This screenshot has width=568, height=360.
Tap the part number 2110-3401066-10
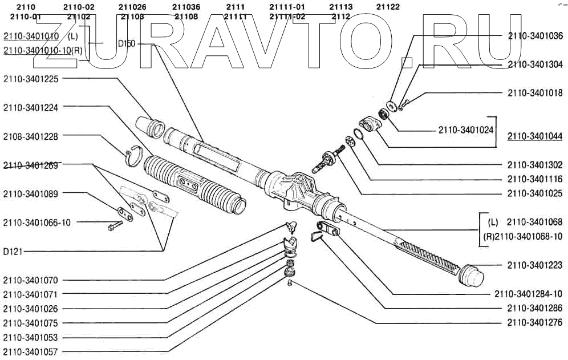click(36, 223)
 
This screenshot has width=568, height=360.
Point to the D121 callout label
click(13, 252)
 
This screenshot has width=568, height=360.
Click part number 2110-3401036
click(534, 36)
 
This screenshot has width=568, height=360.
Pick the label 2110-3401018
click(534, 93)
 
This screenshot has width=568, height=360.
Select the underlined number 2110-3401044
click(534, 136)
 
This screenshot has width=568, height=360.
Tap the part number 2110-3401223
click(534, 265)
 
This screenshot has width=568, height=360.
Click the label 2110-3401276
click(534, 323)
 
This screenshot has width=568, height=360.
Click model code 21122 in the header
click(388, 7)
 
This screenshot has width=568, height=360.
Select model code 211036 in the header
click(186, 7)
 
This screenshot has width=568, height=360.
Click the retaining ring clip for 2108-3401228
click(133, 155)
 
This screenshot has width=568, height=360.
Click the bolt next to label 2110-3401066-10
click(112, 227)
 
